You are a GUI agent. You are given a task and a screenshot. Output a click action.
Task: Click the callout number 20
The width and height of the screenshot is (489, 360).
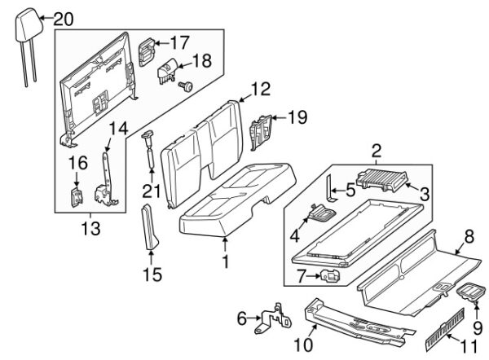point(64,18)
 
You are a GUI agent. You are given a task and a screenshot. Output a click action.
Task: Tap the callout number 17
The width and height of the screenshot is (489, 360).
point(179,42)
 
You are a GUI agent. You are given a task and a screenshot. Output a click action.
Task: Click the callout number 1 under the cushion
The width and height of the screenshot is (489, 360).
point(226,262)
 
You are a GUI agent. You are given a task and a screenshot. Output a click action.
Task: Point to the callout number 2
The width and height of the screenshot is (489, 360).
point(377,150)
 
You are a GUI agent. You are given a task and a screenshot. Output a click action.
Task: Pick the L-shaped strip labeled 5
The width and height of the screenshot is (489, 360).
point(332,188)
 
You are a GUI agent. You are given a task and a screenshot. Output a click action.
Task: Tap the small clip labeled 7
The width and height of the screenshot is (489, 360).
point(331,277)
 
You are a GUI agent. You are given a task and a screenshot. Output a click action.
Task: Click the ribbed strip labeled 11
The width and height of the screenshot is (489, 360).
point(445,332)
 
